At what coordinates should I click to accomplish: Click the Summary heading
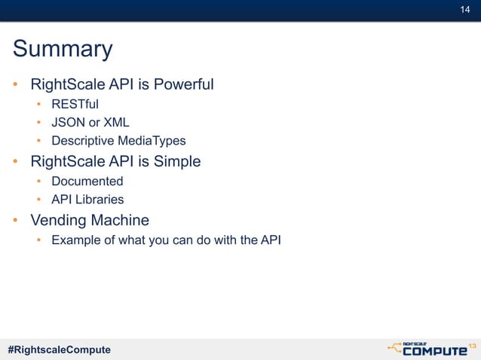[x=63, y=50]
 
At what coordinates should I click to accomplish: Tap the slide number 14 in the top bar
[x=465, y=9]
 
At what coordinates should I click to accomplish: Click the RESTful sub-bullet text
[x=75, y=104]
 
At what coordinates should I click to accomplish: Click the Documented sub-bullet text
[x=87, y=182]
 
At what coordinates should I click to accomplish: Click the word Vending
[x=58, y=221]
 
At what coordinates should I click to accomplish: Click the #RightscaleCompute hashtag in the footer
[x=59, y=349]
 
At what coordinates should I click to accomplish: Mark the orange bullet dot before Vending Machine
[x=15, y=221]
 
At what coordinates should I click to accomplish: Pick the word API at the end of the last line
[x=271, y=241]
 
